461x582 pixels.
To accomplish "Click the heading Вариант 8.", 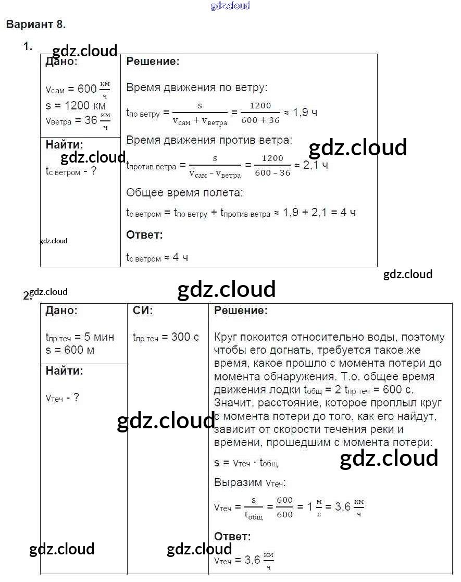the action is click(36, 24).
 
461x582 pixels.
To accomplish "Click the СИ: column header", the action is click(143, 311).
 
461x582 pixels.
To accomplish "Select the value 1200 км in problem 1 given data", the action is click(83, 106).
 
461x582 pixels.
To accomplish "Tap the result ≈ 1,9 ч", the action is click(300, 112).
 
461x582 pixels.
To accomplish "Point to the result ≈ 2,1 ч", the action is click(311, 165).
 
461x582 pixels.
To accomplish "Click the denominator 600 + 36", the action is click(260, 120).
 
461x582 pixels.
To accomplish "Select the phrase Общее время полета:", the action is click(184, 193).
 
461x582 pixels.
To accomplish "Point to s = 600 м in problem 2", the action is click(70, 350).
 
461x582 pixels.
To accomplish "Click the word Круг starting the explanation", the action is click(227, 337).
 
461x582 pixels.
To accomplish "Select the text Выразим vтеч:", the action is click(250, 482).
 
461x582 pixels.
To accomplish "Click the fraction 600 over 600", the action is click(284, 507).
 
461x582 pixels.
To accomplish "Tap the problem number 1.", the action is click(27, 46).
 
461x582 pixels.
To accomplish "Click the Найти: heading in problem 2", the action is click(64, 371).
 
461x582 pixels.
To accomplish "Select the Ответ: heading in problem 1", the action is click(144, 235).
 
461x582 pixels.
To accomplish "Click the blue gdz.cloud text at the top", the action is click(230, 6).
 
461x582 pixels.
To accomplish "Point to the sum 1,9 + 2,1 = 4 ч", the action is click(320, 213).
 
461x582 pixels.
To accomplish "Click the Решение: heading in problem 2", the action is click(241, 311).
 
